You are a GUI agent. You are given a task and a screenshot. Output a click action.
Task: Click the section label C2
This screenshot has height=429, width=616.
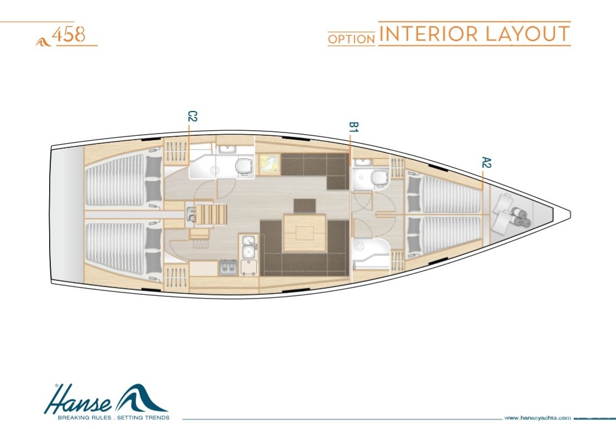[192, 116]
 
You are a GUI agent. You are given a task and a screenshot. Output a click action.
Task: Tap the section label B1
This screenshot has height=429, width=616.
[354, 127]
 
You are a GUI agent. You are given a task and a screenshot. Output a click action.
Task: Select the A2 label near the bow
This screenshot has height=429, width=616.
[487, 162]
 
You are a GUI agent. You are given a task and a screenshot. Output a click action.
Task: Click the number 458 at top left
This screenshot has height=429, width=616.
[69, 34]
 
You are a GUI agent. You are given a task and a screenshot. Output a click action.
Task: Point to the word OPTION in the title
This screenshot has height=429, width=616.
[351, 39]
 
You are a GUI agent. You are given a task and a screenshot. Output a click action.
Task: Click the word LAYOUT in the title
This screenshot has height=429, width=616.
[527, 34]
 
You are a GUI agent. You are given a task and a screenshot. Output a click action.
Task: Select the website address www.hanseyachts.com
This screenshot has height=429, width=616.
[538, 418]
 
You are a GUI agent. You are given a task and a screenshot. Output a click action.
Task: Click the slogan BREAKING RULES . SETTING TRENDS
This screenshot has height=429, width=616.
[114, 417]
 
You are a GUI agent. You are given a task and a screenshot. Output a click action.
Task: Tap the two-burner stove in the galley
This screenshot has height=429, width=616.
[228, 267]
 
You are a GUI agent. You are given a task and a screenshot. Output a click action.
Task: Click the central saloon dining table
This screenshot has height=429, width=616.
[306, 233]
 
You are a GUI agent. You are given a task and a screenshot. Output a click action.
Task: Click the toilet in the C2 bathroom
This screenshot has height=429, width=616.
[244, 166]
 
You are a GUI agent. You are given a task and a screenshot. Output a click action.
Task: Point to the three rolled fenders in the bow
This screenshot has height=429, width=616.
[520, 219]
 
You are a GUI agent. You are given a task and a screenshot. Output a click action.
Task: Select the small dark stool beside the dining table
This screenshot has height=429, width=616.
[305, 206]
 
